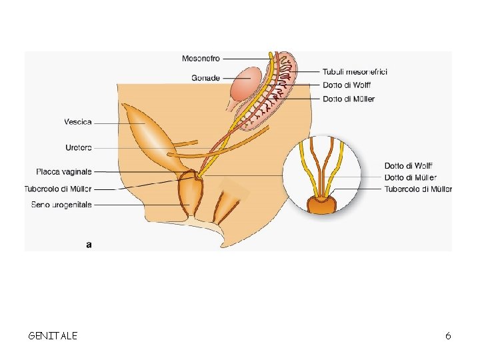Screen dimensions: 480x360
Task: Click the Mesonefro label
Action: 201,59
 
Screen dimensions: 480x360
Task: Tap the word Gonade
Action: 205,78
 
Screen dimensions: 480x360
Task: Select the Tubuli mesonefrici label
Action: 355,71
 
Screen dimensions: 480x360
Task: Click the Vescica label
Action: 78,122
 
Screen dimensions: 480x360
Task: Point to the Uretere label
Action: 79,147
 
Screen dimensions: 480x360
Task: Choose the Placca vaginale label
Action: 65,171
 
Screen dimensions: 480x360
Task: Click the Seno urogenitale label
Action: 61,205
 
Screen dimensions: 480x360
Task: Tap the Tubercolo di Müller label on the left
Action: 58,189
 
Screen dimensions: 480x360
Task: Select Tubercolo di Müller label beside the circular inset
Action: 418,189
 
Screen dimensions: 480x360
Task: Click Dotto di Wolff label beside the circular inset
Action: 408,166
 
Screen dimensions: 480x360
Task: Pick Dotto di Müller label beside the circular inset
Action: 410,177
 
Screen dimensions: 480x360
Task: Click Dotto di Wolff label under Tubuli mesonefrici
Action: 347,85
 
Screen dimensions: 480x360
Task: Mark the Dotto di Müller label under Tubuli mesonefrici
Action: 348,99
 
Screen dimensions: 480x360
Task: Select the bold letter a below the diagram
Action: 89,245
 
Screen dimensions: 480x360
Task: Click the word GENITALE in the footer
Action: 53,336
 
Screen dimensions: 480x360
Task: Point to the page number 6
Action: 448,336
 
